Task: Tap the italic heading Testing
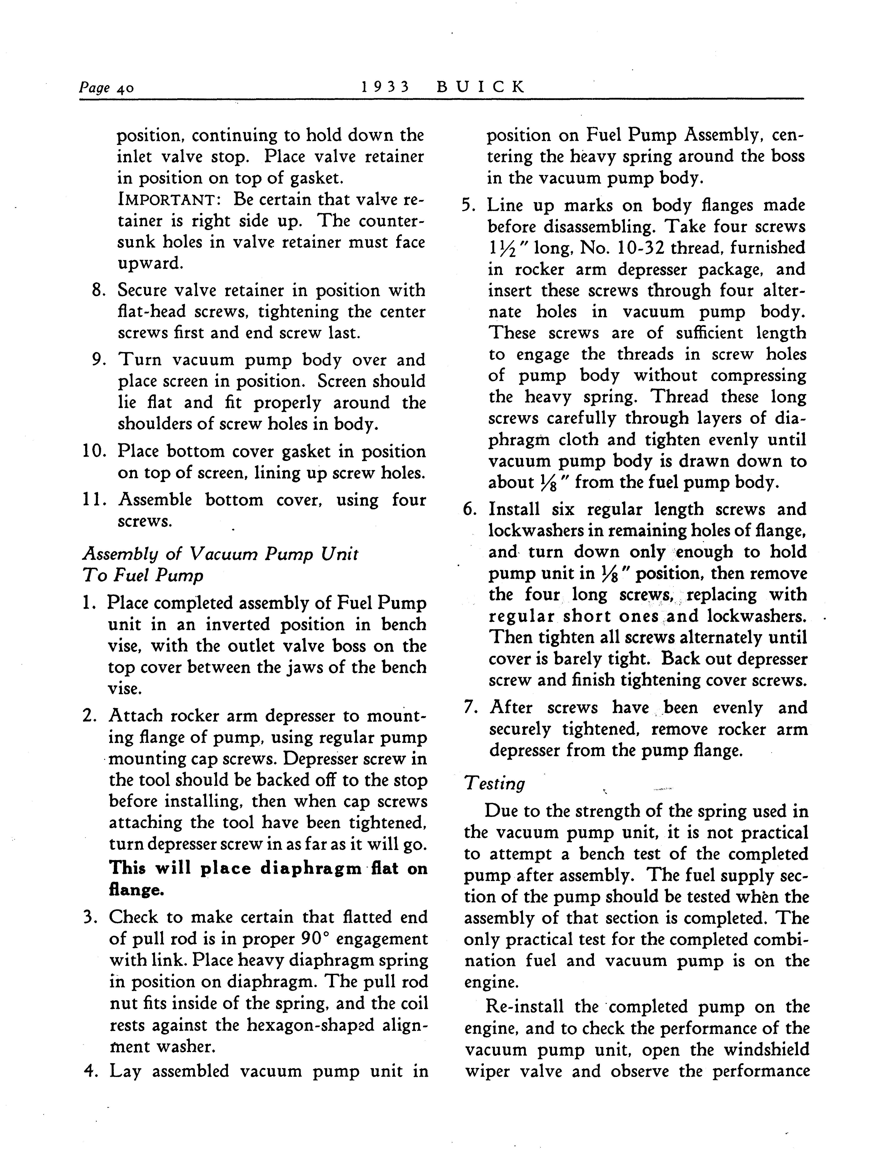click(494, 783)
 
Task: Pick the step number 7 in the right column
click(469, 708)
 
